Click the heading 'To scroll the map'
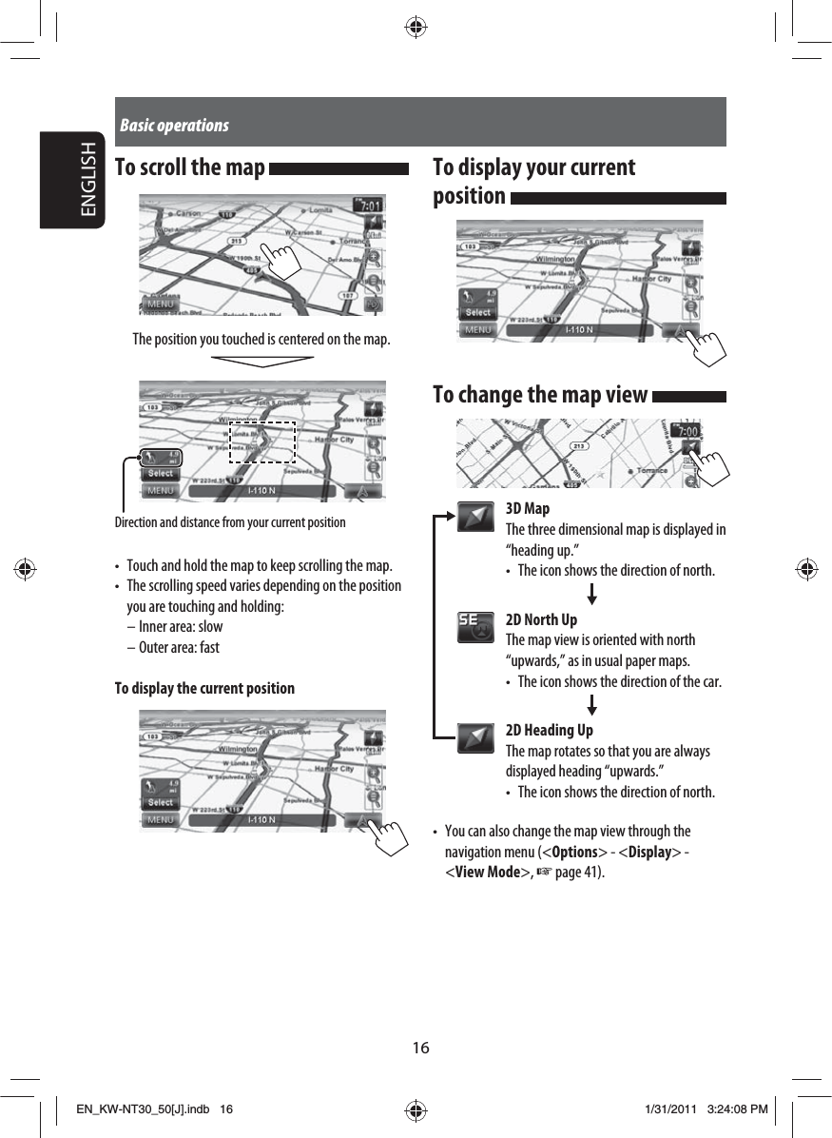pos(189,168)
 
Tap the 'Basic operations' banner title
pos(175,126)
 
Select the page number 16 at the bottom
pos(420,1048)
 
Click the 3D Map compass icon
pos(475,518)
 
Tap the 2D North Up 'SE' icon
pos(475,627)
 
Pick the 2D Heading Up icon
pos(475,738)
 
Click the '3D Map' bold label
pos(528,508)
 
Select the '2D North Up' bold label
pos(541,619)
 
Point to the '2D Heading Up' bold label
pos(549,730)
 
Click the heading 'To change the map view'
pos(540,395)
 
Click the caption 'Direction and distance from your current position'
pos(230,522)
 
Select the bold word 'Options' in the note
pos(574,852)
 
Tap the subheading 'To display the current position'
pos(204,688)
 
